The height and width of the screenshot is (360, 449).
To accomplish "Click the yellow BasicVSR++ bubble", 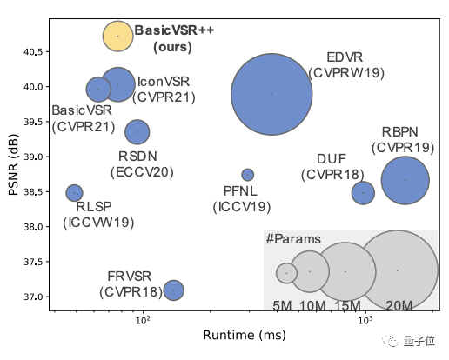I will click(x=117, y=36).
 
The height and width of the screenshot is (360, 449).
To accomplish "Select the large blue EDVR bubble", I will click(x=271, y=94).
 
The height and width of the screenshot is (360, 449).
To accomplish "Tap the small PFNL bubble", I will click(x=247, y=175).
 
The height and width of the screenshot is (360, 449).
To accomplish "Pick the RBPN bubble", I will click(x=405, y=180).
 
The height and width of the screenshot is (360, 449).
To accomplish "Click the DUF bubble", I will click(x=363, y=191).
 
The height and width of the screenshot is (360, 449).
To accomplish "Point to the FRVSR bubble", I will click(x=173, y=290).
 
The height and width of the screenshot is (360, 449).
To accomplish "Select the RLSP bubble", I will click(x=75, y=192).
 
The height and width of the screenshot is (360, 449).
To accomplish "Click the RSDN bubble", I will click(x=137, y=132).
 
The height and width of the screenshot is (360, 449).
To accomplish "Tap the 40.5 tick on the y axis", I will click(x=32, y=51).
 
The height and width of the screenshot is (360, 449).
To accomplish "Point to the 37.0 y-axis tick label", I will click(x=32, y=297).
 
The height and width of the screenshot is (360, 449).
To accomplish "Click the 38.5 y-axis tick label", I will click(x=32, y=191).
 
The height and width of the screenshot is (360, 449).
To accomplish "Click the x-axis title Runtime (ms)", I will click(x=245, y=335).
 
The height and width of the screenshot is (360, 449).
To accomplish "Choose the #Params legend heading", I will click(x=292, y=239).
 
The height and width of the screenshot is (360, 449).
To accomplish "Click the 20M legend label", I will click(x=399, y=305).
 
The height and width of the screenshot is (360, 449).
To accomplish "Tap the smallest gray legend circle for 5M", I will click(x=286, y=273).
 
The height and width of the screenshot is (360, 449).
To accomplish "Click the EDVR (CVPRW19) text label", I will click(x=345, y=65).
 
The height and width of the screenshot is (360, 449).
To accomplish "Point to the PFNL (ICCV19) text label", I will click(x=242, y=200).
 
